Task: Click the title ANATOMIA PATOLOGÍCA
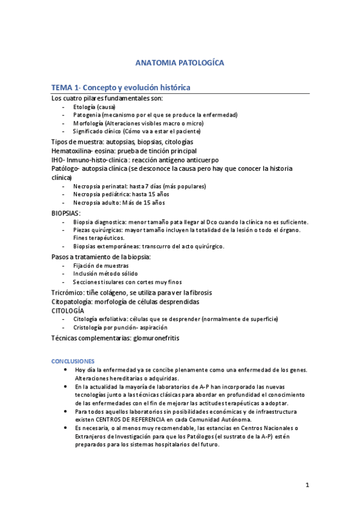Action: (x=180, y=63)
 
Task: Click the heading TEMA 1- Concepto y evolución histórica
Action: (x=121, y=88)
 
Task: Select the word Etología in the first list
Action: (x=85, y=106)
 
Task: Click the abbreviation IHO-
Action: (x=59, y=160)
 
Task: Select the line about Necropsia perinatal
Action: (x=139, y=186)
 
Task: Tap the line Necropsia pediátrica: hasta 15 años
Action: (x=121, y=195)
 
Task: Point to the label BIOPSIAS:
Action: (x=66, y=213)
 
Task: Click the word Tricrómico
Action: (x=69, y=292)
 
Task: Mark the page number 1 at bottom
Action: (x=307, y=484)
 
